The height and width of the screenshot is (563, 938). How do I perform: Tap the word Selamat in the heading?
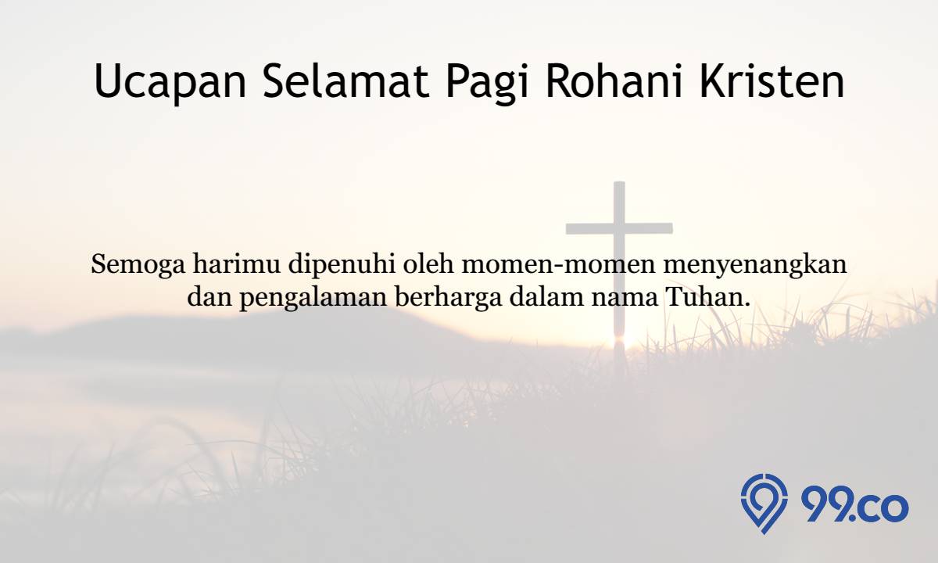tap(346, 81)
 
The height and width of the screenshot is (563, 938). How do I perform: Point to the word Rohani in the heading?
tap(614, 81)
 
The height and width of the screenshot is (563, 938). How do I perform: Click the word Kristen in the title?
tap(772, 81)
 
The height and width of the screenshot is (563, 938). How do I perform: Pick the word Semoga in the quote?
tap(138, 266)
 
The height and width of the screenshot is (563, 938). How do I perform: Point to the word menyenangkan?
tap(755, 266)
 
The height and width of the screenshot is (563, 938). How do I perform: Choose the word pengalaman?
tap(313, 299)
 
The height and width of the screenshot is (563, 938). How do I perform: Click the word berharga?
tap(449, 299)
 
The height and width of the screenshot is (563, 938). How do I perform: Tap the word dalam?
tap(546, 296)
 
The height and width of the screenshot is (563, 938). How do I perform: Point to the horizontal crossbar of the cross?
tap(619, 228)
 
